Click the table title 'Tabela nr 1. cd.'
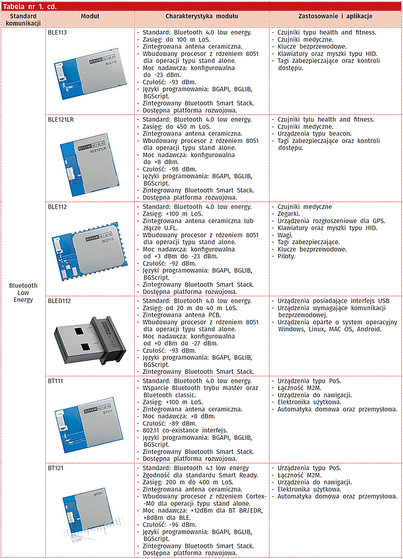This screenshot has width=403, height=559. [x=30, y=6]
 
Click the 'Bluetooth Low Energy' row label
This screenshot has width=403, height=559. [x=23, y=293]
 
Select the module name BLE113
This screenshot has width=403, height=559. [x=57, y=32]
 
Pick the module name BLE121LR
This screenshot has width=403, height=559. [x=61, y=119]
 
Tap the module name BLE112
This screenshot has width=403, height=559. [x=57, y=207]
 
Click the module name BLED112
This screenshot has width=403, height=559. [x=59, y=301]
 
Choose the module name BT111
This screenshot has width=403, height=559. [x=55, y=381]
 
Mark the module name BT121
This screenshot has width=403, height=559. [x=55, y=468]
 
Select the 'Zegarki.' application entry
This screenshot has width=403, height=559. [x=291, y=214]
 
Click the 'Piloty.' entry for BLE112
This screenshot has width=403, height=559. [x=288, y=257]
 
